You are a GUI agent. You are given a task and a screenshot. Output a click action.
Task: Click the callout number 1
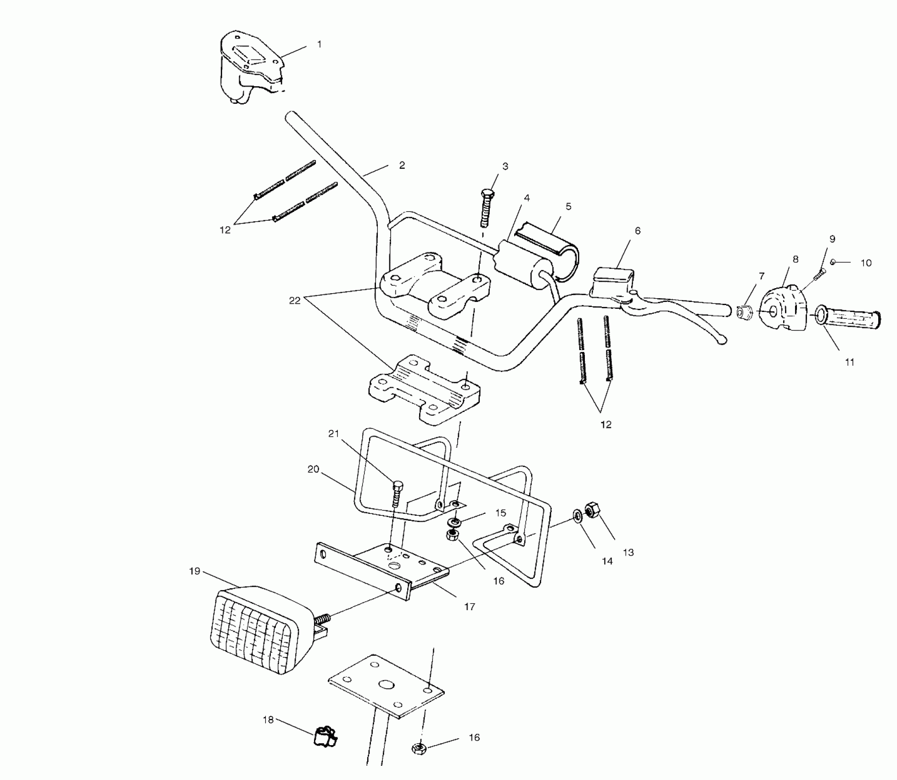click(x=319, y=45)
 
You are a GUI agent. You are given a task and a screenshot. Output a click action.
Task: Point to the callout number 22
click(x=294, y=301)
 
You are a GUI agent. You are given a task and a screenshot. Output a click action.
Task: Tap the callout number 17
click(x=469, y=607)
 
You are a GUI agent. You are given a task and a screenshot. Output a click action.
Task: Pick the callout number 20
click(x=313, y=469)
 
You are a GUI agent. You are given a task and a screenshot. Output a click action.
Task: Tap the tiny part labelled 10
click(x=832, y=262)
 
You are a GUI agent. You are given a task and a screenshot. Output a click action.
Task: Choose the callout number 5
click(x=568, y=206)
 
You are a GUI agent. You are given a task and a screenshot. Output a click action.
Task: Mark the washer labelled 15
click(x=455, y=522)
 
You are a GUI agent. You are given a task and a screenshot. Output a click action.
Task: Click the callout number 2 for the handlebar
click(x=402, y=165)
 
